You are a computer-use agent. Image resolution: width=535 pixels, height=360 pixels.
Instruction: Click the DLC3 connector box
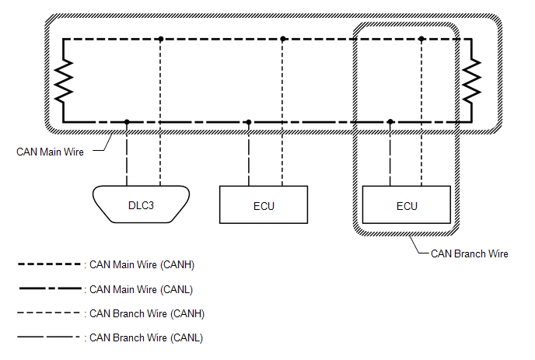pyautogui.click(x=141, y=204)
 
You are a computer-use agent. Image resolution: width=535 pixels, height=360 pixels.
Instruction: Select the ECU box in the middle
pyautogui.click(x=264, y=204)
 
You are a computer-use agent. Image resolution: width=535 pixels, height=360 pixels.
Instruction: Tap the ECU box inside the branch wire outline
pyautogui.click(x=407, y=204)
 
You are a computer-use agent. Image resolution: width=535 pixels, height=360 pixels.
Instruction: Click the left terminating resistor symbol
pyautogui.click(x=64, y=81)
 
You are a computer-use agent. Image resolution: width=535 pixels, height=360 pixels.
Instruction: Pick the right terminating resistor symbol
pyautogui.click(x=472, y=81)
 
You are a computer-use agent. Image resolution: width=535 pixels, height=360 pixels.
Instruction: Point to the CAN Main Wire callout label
pyautogui.click(x=50, y=152)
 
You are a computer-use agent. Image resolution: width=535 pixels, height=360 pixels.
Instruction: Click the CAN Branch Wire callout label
pyautogui.click(x=469, y=254)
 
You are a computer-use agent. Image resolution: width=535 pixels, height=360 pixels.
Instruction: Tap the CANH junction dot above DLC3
pyautogui.click(x=161, y=39)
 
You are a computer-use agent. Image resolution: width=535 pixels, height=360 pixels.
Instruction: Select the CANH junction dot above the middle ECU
pyautogui.click(x=283, y=39)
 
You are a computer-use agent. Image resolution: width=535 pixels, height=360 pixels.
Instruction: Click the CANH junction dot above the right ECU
pyautogui.click(x=421, y=39)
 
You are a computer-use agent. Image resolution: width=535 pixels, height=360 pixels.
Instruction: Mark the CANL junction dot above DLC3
pyautogui.click(x=127, y=122)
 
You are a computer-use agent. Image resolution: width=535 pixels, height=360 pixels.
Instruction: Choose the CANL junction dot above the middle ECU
pyautogui.click(x=249, y=122)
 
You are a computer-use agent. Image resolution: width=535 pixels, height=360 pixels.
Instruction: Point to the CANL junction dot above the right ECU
pyautogui.click(x=390, y=122)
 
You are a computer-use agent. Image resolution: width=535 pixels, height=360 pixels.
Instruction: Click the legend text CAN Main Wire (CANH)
pyautogui.click(x=142, y=265)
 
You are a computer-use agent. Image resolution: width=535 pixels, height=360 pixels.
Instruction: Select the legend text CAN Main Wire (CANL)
pyautogui.click(x=141, y=289)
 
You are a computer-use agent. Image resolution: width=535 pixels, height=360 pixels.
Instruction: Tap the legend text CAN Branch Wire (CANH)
pyautogui.click(x=147, y=313)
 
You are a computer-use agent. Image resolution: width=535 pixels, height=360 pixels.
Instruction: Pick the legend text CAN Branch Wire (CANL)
pyautogui.click(x=146, y=337)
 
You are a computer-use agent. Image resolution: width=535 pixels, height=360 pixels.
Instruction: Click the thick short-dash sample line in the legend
pyautogui.click(x=49, y=264)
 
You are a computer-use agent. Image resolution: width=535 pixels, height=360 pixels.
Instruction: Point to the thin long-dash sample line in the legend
pyautogui.click(x=48, y=337)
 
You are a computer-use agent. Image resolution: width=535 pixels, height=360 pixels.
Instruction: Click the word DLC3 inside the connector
pyautogui.click(x=141, y=205)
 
